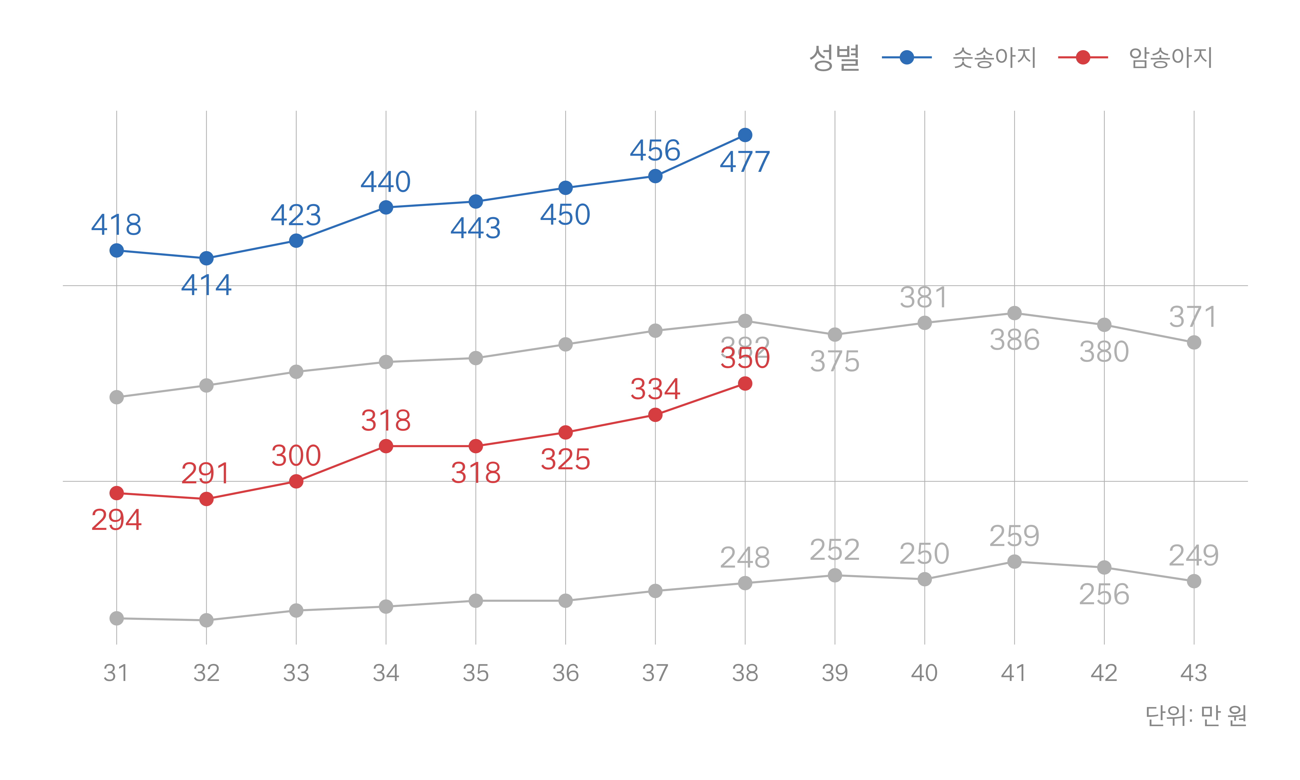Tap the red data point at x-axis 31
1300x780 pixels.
[x=117, y=493]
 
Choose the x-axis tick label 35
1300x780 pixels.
[x=476, y=673]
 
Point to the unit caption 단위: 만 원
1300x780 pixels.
[x=1196, y=715]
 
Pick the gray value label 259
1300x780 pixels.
[x=1014, y=536]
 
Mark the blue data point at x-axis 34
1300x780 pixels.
[x=386, y=208]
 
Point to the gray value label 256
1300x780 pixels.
[x=1104, y=594]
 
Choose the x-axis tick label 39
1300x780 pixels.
[x=834, y=673]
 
